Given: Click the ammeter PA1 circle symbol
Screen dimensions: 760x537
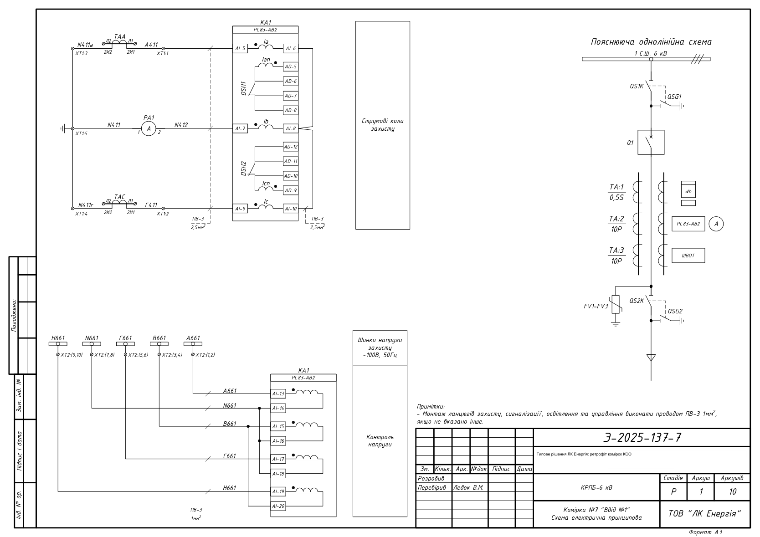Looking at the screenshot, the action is (x=149, y=128).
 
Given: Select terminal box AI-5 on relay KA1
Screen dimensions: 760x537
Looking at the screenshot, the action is (x=240, y=49).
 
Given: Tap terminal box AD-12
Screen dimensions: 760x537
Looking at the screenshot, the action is (x=291, y=147).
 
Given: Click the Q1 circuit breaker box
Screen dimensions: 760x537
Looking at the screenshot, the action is (x=651, y=143).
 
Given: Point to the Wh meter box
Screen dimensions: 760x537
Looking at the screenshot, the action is (x=688, y=191).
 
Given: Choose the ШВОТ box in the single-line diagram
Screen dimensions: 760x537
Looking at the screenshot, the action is (x=688, y=256).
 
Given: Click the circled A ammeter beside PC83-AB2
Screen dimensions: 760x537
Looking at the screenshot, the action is (x=716, y=224).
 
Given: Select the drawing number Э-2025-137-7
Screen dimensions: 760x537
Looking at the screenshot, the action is (x=642, y=438).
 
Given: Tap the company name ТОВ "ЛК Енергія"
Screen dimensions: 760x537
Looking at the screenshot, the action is (x=705, y=514).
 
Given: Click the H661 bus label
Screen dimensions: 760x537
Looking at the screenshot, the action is (x=58, y=338).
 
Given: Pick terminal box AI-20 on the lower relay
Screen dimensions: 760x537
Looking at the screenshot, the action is (x=278, y=506).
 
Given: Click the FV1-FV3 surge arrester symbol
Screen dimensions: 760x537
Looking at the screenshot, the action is (x=616, y=304).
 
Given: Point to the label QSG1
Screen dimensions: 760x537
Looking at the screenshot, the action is (x=674, y=97).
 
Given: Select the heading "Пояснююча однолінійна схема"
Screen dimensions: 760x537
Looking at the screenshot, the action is (x=651, y=42).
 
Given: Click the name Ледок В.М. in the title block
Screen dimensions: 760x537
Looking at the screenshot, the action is (x=468, y=488).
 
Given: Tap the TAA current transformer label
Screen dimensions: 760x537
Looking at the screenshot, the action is (x=119, y=36).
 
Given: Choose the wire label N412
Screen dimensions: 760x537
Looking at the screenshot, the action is (x=181, y=125).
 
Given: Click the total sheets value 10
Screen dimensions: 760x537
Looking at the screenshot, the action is (x=733, y=491).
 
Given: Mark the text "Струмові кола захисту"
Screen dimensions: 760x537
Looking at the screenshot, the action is (x=383, y=125).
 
